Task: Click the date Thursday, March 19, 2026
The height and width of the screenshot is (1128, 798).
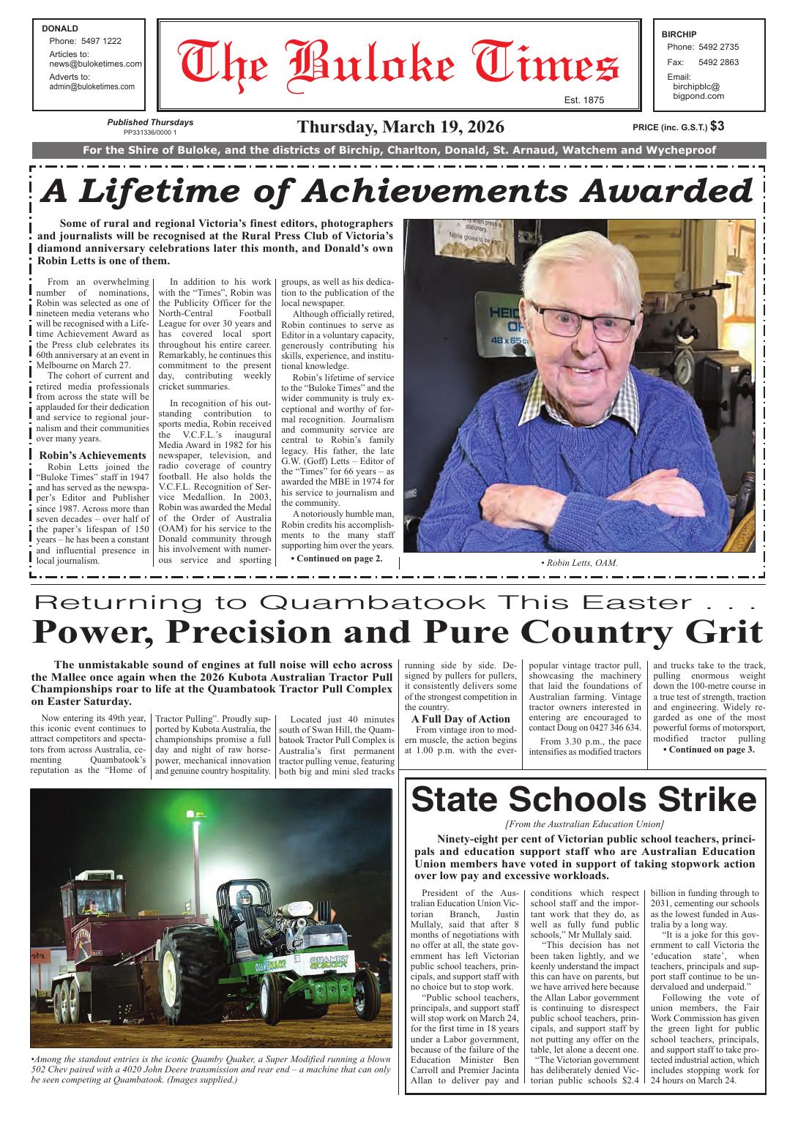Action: click(x=400, y=127)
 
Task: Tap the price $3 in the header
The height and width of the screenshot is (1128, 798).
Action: click(x=717, y=126)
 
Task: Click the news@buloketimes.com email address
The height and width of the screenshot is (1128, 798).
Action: click(x=95, y=64)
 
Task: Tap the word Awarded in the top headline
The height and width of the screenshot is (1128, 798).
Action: click(x=667, y=191)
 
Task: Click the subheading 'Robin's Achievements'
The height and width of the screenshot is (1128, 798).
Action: click(x=92, y=455)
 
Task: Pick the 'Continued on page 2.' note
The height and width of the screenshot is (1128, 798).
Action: click(x=336, y=559)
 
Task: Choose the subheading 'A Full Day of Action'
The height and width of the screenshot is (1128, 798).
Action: click(x=460, y=719)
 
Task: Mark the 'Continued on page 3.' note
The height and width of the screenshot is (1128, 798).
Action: click(x=708, y=750)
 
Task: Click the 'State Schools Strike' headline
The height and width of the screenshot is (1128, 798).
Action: click(x=583, y=799)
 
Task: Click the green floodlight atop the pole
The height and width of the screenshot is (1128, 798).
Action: click(x=195, y=813)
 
